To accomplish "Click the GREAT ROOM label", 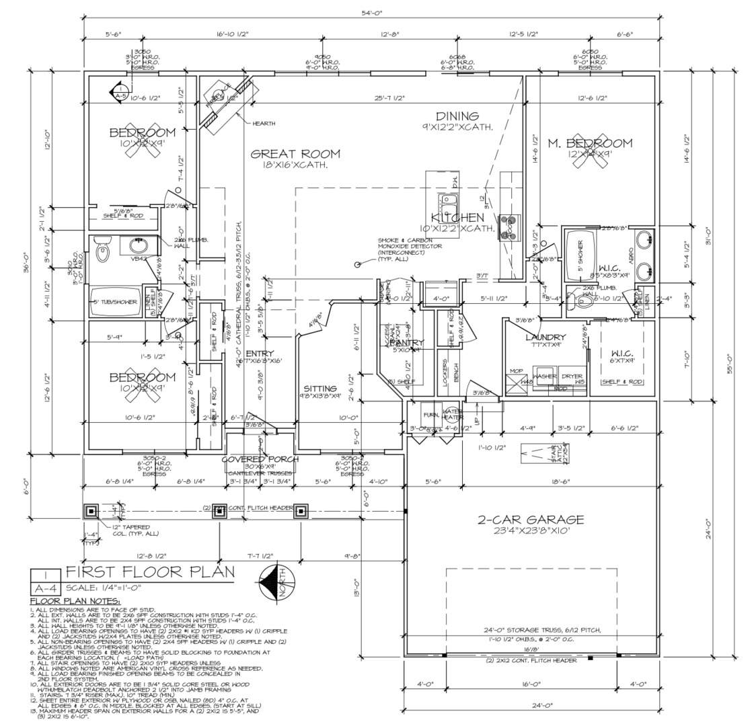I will [x=295, y=154].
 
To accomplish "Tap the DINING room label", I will [x=457, y=116].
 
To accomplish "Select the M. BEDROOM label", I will [x=589, y=143].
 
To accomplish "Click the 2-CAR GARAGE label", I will [x=530, y=520].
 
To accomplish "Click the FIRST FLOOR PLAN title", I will [x=150, y=572].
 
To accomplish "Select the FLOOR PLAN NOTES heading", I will [x=75, y=600].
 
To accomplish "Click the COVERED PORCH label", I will [x=260, y=459].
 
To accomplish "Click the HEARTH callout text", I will [x=264, y=123].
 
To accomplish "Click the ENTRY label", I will [x=259, y=354].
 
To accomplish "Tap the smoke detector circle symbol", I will [x=357, y=265].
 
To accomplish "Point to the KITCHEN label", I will [x=457, y=218].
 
